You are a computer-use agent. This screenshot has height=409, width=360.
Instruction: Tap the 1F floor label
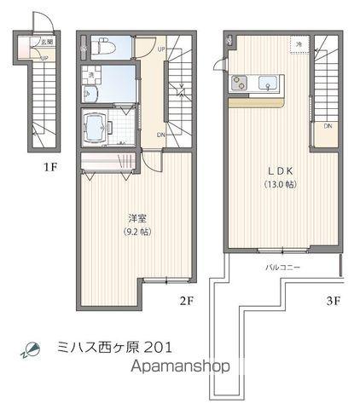coord(51,167)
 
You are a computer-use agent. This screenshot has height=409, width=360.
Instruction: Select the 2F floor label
coord(188,300)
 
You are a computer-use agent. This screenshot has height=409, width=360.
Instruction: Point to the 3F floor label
coord(333,300)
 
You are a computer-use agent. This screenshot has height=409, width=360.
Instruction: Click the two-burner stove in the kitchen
coord(238,84)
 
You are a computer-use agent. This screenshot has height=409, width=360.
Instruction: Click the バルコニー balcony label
coord(282,268)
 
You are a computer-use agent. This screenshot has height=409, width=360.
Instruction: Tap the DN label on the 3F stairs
coord(328,126)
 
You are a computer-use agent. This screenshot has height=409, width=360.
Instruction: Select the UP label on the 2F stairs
coord(162,49)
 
